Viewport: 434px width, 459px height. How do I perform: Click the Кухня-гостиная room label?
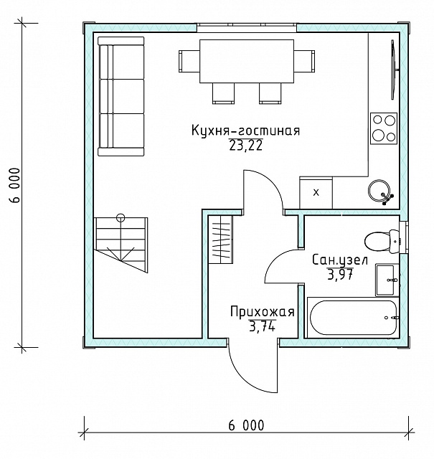click(x=246, y=131)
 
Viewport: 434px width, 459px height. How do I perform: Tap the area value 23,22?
click(x=246, y=146)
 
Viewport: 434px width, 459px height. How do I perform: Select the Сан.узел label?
click(x=340, y=260)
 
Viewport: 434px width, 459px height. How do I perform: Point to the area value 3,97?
click(x=340, y=275)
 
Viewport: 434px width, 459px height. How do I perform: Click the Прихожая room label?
click(x=262, y=312)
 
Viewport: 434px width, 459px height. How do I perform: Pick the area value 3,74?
click(x=262, y=326)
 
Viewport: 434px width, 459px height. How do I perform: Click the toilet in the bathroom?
click(x=382, y=241)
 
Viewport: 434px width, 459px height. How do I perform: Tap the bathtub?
click(x=353, y=318)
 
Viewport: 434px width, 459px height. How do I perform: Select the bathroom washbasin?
click(x=387, y=280)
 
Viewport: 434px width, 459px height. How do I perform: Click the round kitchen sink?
click(x=379, y=189)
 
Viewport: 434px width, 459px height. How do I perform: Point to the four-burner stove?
click(x=384, y=128)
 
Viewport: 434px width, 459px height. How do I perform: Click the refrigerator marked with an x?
click(x=316, y=193)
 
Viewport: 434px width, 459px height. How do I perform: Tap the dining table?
click(x=247, y=61)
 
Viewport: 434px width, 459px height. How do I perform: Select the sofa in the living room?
click(x=121, y=96)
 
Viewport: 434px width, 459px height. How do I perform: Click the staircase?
click(x=121, y=245)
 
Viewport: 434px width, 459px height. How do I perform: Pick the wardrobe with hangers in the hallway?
click(x=220, y=240)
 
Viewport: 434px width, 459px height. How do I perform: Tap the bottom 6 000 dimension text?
click(x=246, y=425)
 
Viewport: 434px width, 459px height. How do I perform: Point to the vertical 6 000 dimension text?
click(x=14, y=185)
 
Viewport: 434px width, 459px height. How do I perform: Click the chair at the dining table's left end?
click(x=189, y=61)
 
